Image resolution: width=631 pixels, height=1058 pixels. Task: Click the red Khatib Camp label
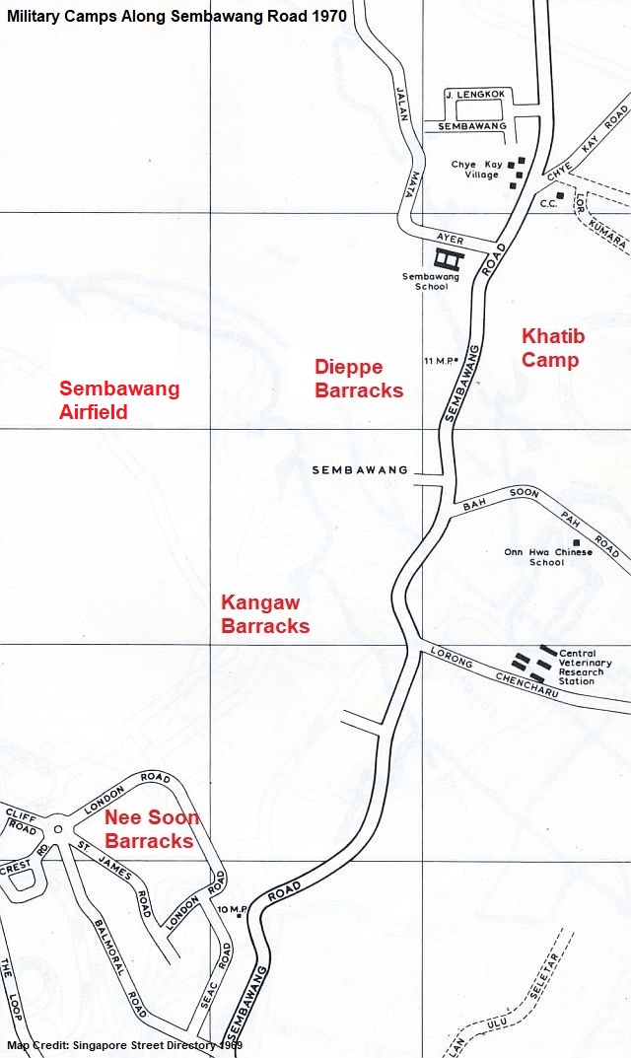552,348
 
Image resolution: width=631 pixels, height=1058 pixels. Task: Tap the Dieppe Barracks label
358,379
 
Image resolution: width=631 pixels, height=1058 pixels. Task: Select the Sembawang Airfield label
119,399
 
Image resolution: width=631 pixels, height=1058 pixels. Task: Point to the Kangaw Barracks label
264,613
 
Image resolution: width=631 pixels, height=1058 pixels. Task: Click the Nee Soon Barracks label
151,829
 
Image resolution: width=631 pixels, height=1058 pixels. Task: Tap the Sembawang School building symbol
449,258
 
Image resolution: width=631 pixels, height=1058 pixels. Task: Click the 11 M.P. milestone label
440,360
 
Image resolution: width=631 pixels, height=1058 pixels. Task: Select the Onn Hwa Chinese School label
548,557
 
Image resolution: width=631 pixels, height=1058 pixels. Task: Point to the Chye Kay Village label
477,170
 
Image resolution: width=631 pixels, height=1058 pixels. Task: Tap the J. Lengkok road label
475,95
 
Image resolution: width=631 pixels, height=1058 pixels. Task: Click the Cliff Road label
21,821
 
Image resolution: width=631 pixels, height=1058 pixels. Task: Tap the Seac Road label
216,976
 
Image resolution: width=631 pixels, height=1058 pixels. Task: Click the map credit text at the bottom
124,1045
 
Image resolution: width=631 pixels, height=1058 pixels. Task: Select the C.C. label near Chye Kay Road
547,204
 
